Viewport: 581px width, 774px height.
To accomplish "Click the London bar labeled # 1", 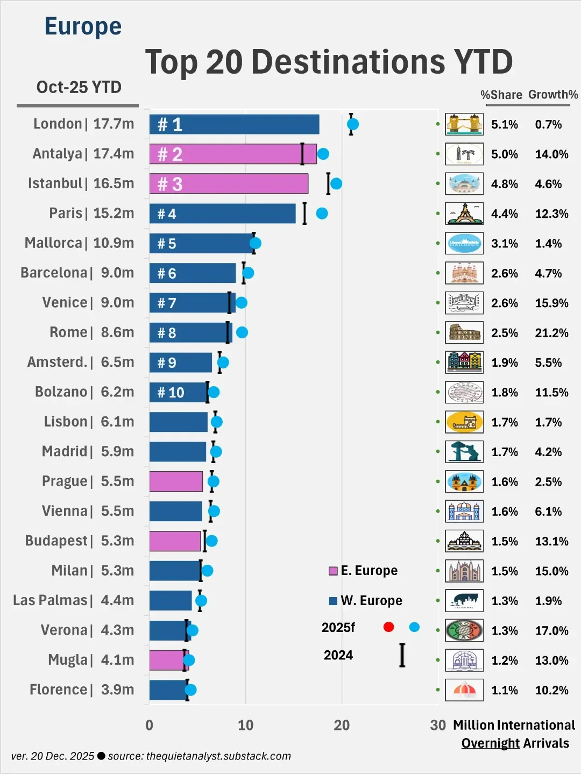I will click(x=234, y=124).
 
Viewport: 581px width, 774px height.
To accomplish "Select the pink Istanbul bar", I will click(x=229, y=184).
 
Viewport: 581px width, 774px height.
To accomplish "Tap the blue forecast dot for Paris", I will click(x=322, y=214).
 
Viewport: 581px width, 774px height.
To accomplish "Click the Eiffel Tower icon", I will click(x=464, y=214).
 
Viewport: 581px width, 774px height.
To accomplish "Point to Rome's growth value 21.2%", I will click(x=551, y=333).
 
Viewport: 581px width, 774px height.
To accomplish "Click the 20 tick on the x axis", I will click(x=342, y=725).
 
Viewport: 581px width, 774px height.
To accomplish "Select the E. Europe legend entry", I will click(x=364, y=571).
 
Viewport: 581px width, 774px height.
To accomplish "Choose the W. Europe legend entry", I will click(x=366, y=600).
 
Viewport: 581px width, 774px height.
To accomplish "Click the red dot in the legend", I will click(x=388, y=627).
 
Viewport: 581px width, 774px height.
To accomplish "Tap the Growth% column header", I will click(x=552, y=95).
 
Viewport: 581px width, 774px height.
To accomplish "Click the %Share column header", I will click(x=501, y=95).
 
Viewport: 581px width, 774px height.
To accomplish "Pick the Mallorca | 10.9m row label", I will click(x=79, y=243).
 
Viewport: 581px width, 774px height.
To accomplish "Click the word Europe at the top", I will click(x=83, y=26).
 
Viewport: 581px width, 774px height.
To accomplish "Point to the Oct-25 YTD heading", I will click(x=79, y=87).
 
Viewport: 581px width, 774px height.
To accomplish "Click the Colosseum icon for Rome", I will click(x=464, y=333).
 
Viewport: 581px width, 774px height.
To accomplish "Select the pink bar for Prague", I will click(x=176, y=481).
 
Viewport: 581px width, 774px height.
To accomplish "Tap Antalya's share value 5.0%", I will click(x=504, y=154).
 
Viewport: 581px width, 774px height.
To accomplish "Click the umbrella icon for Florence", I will click(x=464, y=690).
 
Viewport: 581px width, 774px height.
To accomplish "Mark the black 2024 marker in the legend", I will click(x=402, y=655).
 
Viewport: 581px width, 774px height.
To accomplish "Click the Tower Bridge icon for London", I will click(x=464, y=124).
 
